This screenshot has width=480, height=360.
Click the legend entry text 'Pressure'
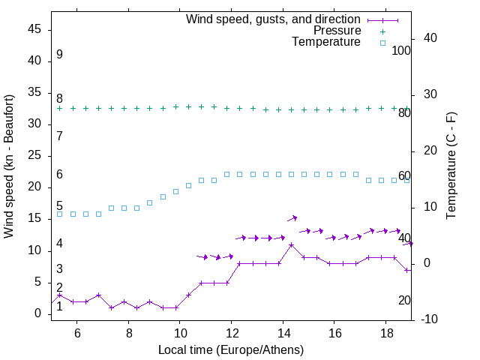tap(337, 31)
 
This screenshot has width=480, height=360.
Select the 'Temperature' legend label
tap(326, 43)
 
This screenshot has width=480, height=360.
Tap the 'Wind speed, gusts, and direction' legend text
tap(274, 19)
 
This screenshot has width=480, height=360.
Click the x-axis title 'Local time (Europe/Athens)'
tap(231, 350)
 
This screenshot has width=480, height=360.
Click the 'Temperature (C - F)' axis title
tap(451, 166)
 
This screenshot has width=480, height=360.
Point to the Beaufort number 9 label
tap(59, 55)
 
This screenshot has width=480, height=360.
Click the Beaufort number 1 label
tap(59, 306)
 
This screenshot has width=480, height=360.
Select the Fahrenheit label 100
tap(401, 50)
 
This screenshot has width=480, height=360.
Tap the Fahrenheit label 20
tap(404, 300)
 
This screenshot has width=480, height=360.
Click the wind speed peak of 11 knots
tap(291, 244)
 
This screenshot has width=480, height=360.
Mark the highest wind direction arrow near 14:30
tap(292, 218)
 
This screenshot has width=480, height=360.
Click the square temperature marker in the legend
tap(382, 43)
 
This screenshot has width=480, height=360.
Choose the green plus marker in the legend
tap(382, 31)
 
